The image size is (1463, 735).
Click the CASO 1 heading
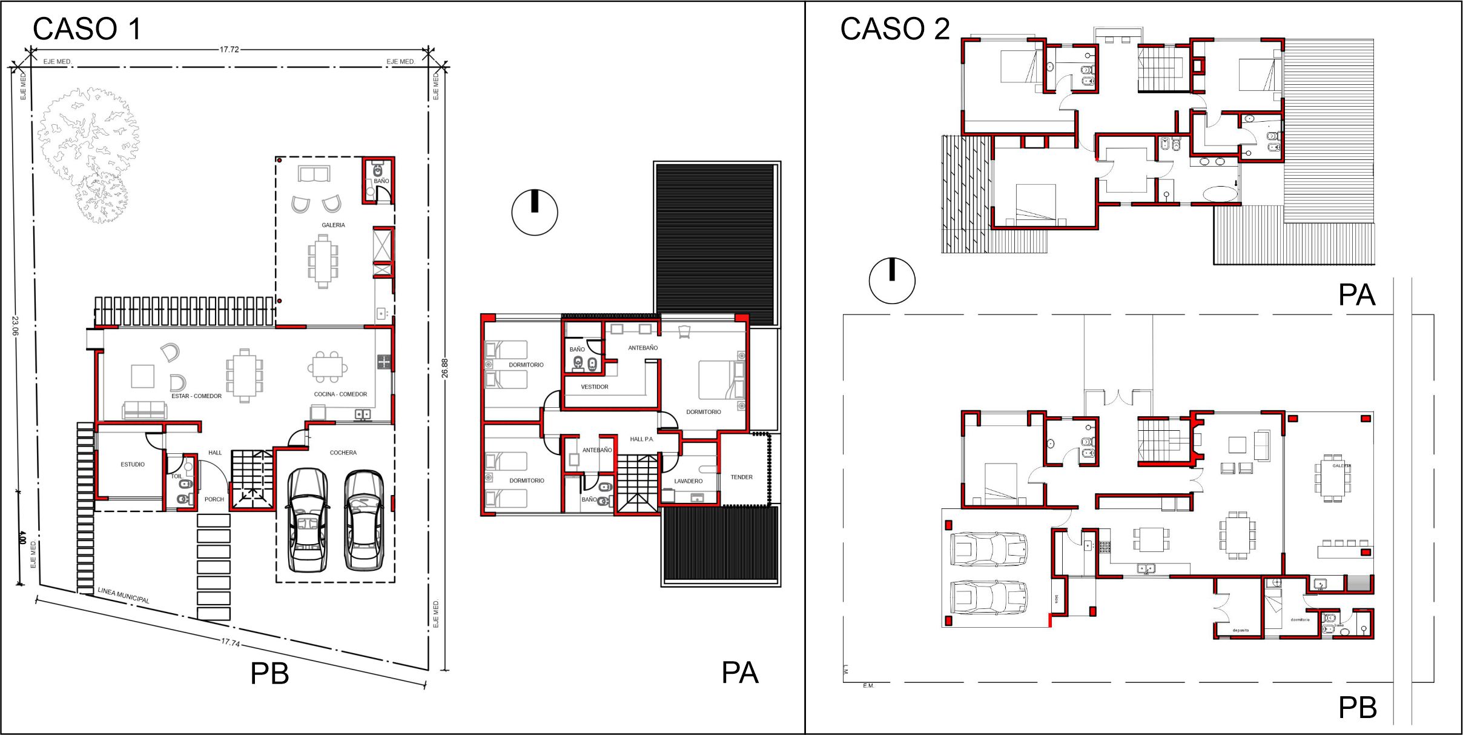(87, 28)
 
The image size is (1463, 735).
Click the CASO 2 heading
(894, 28)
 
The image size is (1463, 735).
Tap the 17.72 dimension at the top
(229, 50)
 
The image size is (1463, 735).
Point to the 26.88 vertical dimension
(445, 368)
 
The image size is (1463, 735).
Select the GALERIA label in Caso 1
(333, 225)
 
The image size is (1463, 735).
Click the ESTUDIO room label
(133, 464)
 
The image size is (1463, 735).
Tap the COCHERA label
(343, 453)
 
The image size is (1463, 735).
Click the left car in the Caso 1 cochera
(307, 520)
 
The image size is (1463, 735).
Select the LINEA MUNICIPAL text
(124, 595)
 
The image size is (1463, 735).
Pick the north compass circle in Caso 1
(535, 213)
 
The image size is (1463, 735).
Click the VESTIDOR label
(594, 387)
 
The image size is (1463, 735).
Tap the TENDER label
(741, 477)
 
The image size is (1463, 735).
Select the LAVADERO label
(689, 481)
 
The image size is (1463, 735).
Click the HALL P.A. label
(641, 439)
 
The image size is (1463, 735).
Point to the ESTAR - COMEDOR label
(196, 396)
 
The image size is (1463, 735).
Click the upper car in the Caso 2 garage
(988, 549)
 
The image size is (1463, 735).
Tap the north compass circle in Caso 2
(891, 281)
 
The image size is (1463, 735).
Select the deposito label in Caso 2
(1240, 631)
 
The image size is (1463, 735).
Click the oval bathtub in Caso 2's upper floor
(1220, 194)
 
